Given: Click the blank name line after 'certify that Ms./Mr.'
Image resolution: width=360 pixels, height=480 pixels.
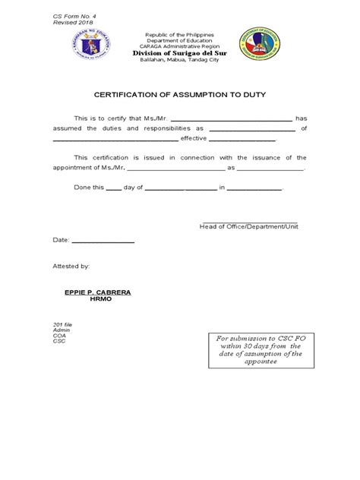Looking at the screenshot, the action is pos(232,120).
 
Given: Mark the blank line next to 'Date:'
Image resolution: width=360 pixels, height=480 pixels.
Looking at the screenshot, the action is pos(103,241).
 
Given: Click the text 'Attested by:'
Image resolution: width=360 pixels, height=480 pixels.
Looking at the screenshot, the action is pos(71,267).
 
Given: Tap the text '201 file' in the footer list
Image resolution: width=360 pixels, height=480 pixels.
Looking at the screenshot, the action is pos(62,324).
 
